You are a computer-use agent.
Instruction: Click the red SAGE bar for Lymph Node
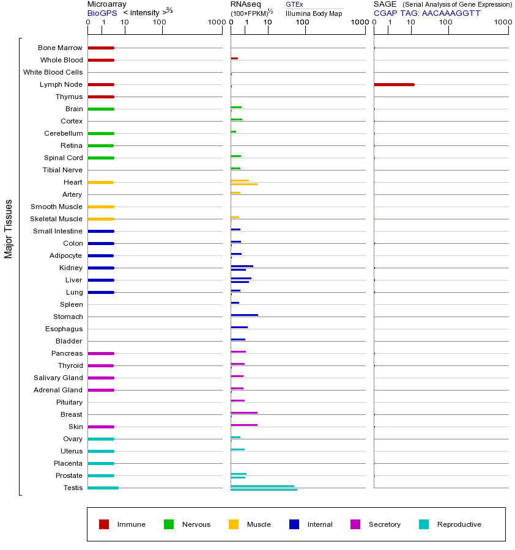[x=394, y=84]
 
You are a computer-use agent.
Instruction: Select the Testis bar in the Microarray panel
[x=103, y=488]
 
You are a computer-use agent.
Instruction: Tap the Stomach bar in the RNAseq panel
[x=244, y=315]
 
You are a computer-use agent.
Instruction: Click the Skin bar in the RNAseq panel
[x=244, y=425]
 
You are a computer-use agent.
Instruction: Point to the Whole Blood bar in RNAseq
[x=234, y=58]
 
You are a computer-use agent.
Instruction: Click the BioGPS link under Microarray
[x=102, y=13]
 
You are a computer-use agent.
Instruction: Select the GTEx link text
[x=294, y=4]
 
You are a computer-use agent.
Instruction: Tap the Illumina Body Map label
[x=314, y=13]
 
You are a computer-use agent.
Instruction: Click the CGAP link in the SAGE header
[x=385, y=13]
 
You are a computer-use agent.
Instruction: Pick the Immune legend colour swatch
[x=104, y=524]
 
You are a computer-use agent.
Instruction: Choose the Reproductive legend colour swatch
[x=424, y=524]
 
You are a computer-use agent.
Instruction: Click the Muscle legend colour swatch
[x=234, y=524]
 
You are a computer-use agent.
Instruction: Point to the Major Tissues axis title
[x=9, y=229]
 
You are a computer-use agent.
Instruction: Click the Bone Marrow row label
[x=60, y=48]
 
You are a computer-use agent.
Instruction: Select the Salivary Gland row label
[x=58, y=378]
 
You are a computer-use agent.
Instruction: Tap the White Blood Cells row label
[x=53, y=72]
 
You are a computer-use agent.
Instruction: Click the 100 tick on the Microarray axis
[x=160, y=23]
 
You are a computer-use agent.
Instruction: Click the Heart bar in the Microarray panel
[x=100, y=182]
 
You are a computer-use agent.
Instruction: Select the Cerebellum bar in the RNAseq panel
[x=233, y=131]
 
